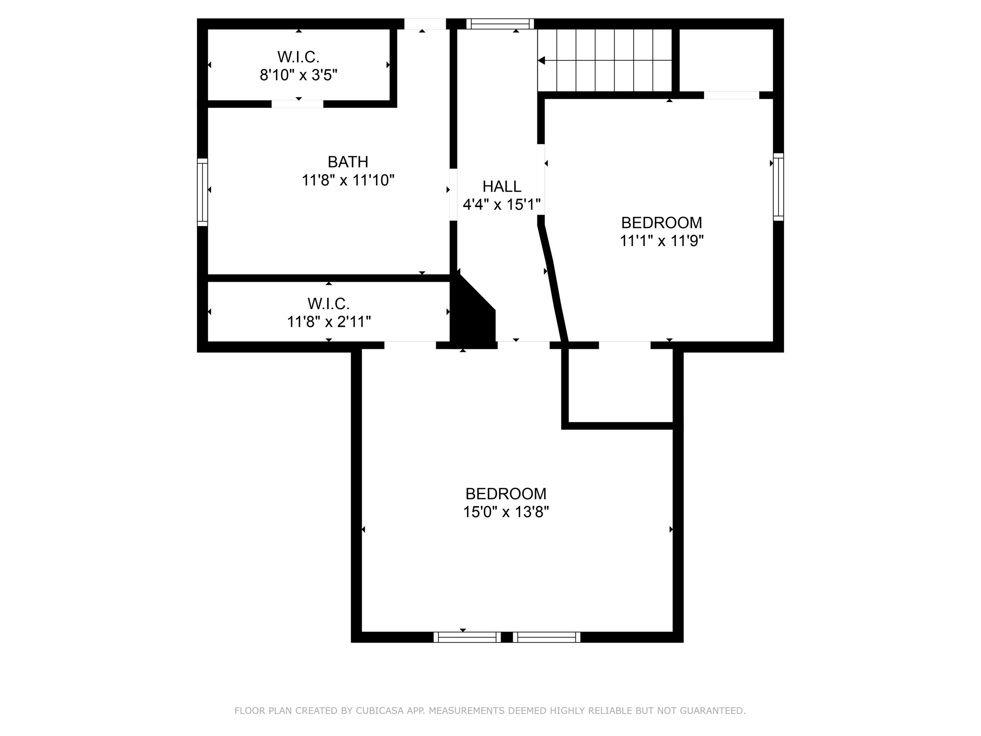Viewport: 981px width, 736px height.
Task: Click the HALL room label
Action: point(502,186)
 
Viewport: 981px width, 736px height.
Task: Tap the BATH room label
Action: point(348,161)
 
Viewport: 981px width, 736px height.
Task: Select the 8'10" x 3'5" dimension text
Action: point(298,75)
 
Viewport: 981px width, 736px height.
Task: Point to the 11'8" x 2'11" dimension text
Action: point(329,322)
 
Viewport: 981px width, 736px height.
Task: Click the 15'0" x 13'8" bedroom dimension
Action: point(505,512)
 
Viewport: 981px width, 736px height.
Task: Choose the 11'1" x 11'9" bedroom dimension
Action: point(662,241)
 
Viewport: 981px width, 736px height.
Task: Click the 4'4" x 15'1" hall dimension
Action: point(502,205)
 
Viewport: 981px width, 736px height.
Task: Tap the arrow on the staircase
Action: point(542,60)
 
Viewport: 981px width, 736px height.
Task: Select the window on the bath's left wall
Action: point(203,192)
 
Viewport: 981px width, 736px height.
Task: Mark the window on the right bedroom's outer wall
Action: point(778,187)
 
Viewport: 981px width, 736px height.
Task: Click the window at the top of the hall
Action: point(500,24)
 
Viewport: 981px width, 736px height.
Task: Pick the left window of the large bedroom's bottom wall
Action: point(467,637)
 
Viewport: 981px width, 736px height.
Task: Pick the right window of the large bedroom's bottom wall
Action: point(547,637)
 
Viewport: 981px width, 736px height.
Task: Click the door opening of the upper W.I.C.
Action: point(297,104)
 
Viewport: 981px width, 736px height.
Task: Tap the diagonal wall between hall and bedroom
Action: point(554,283)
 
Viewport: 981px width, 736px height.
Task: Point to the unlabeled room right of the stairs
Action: point(726,60)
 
